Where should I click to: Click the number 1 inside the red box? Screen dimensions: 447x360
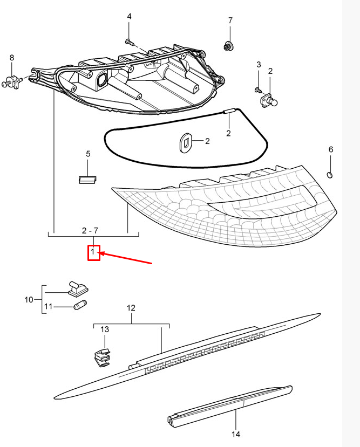point(93,252)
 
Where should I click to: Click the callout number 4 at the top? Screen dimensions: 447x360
point(129,17)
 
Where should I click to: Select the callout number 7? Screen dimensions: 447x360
point(230,20)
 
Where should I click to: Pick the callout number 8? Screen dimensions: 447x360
point(12,58)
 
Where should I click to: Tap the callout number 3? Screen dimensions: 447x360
point(259,65)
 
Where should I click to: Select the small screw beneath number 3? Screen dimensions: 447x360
point(258,90)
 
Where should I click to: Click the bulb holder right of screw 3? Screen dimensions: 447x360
point(270,100)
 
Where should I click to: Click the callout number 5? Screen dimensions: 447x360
point(88,154)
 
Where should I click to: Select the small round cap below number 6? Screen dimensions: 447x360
point(331,174)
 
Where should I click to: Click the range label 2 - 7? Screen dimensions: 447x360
point(90,230)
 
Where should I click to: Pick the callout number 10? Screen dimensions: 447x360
point(29,299)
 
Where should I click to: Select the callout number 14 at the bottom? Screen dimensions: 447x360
point(236,434)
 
